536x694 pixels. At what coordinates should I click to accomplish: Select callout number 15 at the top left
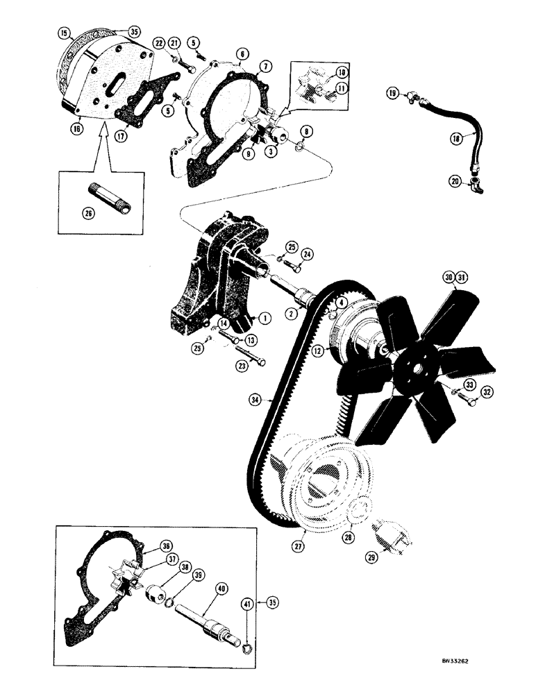coord(64,33)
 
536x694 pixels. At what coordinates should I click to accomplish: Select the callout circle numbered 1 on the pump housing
coord(264,318)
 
